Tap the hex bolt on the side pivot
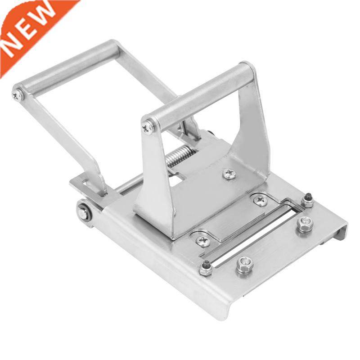(x=84, y=212)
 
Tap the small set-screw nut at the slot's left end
(x=206, y=268)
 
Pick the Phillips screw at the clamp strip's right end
(x=260, y=200)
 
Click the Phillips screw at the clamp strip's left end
(x=203, y=241)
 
